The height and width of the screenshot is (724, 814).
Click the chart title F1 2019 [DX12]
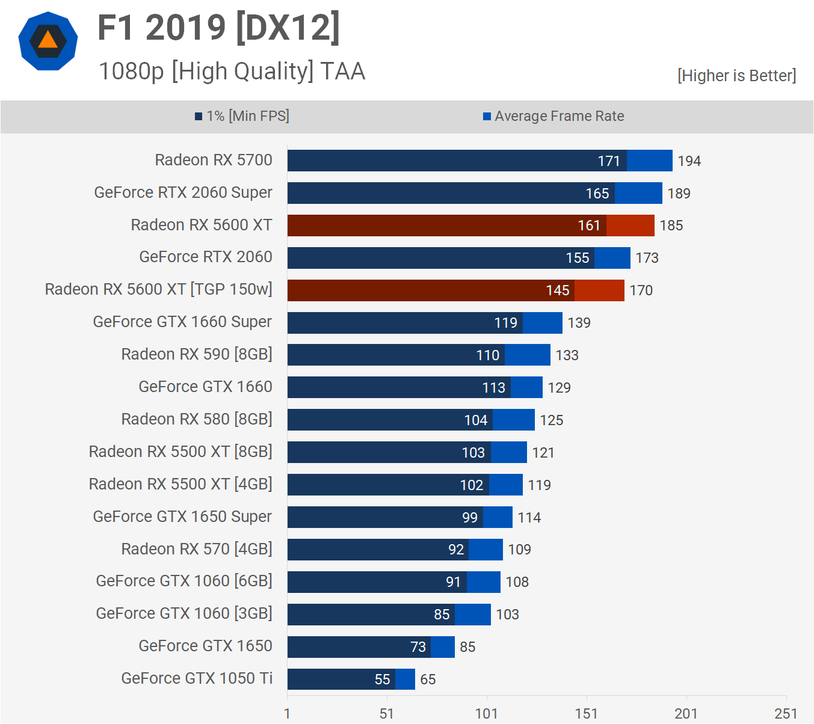click(218, 28)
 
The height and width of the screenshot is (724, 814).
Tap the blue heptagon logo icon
click(48, 41)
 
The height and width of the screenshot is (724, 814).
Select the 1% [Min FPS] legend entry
click(242, 116)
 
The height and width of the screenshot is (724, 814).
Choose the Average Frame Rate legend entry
click(553, 116)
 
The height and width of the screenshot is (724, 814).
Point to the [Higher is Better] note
click(736, 76)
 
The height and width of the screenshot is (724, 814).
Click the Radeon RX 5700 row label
click(214, 160)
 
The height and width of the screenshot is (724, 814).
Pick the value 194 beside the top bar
click(689, 161)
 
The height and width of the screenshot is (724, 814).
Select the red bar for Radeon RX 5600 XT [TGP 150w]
click(455, 290)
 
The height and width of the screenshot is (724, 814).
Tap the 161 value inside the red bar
click(589, 225)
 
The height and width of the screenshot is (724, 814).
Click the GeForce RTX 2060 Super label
click(183, 192)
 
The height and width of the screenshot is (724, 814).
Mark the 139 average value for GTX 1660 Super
click(579, 323)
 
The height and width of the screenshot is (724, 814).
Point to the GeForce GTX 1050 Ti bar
click(351, 679)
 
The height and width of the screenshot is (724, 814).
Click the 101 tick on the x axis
click(486, 714)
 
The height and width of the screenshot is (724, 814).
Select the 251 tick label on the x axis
click(786, 714)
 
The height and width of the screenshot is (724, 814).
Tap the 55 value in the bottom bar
click(382, 680)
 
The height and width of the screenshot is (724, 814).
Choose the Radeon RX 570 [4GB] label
click(197, 549)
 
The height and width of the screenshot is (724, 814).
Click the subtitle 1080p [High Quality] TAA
click(232, 71)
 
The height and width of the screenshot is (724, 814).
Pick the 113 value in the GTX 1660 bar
click(493, 388)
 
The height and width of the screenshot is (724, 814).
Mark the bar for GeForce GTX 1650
click(371, 647)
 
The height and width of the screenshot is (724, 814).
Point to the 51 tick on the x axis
click(386, 714)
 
